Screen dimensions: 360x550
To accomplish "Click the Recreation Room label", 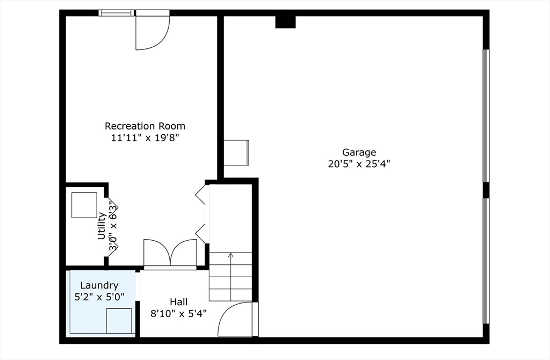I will click(x=144, y=126).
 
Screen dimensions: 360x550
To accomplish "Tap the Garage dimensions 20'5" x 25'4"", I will click(x=359, y=164).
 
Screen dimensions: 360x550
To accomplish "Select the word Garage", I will click(x=359, y=152).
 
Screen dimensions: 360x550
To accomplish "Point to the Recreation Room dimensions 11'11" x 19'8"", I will click(x=144, y=138).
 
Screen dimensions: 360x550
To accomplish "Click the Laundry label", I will click(x=99, y=285).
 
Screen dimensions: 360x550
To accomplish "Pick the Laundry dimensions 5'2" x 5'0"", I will click(x=99, y=296).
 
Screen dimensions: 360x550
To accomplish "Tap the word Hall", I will click(x=178, y=302).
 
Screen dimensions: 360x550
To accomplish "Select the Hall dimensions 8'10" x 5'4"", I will click(x=178, y=313).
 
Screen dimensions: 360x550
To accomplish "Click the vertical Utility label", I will click(x=101, y=226).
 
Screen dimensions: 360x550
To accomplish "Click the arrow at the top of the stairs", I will click(x=230, y=256).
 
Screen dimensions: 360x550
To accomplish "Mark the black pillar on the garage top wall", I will click(x=285, y=21).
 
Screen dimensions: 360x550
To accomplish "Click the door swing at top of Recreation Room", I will click(x=152, y=32).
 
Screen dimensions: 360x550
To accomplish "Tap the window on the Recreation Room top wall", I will click(x=117, y=13).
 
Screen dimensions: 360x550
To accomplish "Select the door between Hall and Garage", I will click(x=236, y=319).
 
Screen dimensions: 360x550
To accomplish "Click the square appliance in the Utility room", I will click(x=84, y=205).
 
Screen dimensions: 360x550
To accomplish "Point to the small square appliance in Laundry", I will click(x=119, y=321).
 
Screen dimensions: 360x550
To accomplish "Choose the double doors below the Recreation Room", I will click(x=170, y=253).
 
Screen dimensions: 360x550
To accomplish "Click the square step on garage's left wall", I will click(x=236, y=152).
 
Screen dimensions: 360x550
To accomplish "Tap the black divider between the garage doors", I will click(x=486, y=190).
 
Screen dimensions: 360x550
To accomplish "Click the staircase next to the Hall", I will click(x=230, y=277).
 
